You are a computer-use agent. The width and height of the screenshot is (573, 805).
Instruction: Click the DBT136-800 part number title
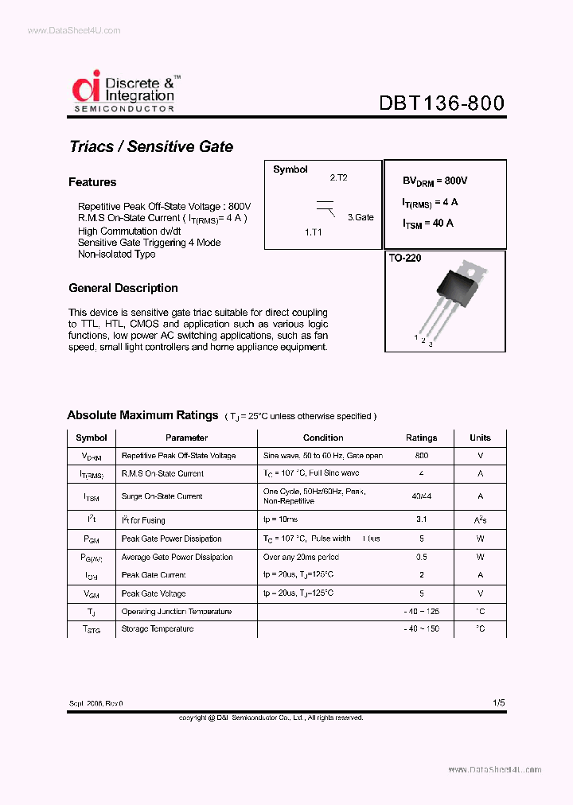441,103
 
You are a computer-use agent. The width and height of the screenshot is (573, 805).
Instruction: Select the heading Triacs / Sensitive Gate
151,146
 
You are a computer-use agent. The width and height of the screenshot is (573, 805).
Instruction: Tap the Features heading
92,182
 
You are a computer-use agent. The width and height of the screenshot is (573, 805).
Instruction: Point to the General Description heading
123,288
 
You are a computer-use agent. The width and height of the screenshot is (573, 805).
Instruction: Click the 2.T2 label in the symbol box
338,178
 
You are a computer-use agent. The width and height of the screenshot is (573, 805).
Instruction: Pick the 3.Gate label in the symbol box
360,217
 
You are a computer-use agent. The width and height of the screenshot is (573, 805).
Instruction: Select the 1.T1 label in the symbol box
314,231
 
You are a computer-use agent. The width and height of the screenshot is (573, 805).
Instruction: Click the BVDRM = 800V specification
435,181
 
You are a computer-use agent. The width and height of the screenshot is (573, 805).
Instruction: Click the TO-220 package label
405,259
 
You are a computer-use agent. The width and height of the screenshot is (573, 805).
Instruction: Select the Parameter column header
186,437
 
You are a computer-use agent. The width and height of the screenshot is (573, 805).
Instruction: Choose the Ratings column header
421,437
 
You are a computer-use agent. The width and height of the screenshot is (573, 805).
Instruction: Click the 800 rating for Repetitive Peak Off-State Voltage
421,456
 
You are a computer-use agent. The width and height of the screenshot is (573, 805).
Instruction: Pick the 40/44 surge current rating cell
421,496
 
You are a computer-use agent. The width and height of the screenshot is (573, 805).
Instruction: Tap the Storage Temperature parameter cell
158,628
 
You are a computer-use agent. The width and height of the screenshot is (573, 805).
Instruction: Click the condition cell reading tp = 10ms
280,519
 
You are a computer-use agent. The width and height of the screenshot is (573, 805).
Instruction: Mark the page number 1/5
498,703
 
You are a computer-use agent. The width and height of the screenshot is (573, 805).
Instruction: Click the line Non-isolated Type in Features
116,255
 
